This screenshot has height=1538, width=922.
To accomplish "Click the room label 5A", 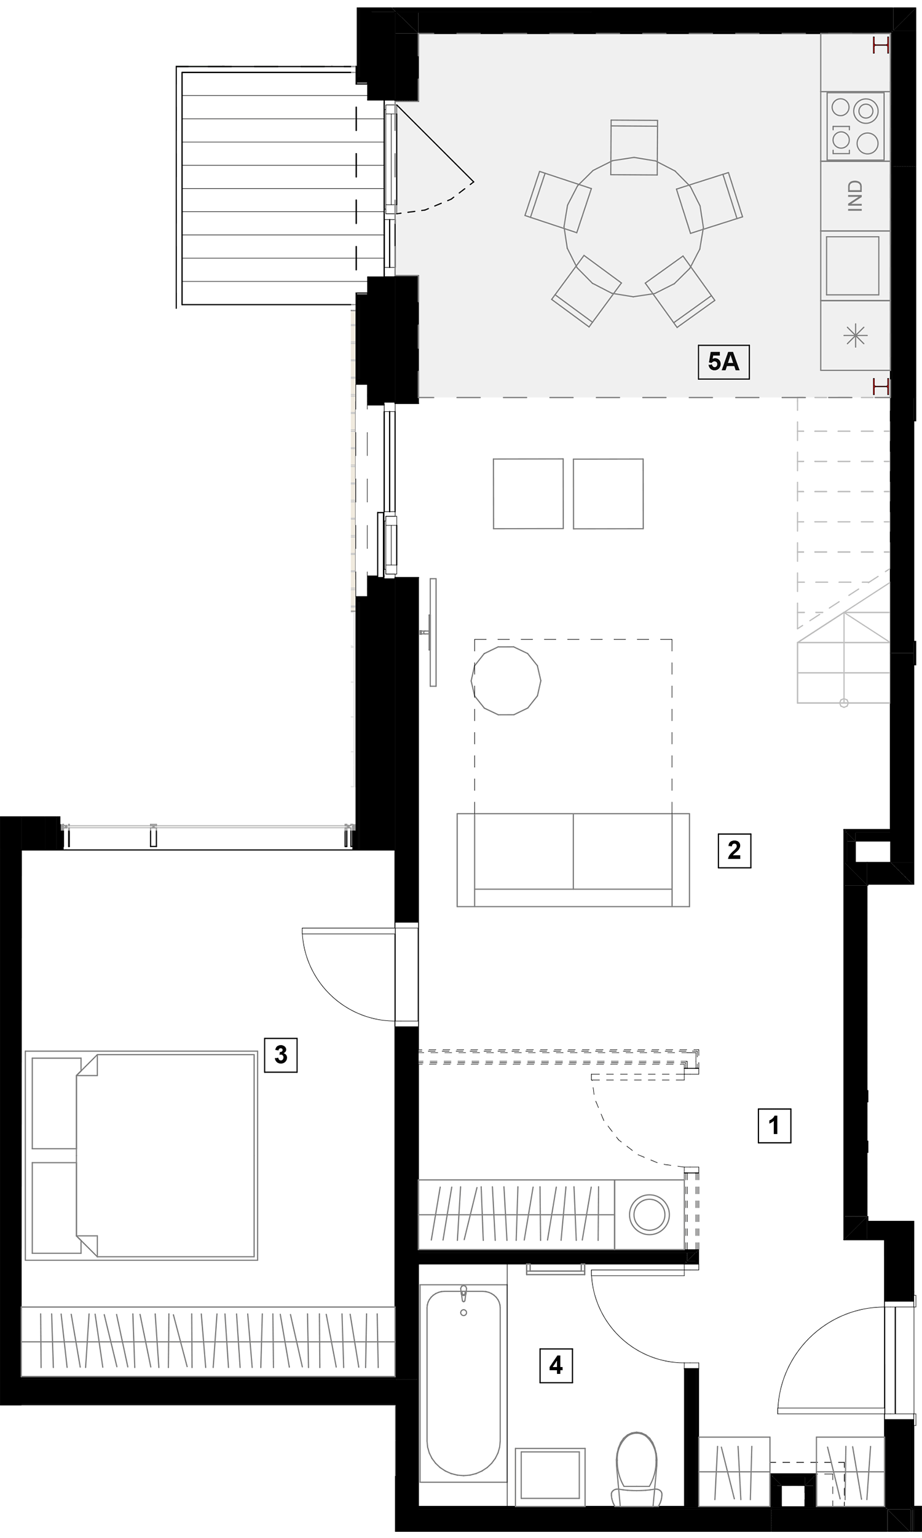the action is pyautogui.click(x=723, y=361).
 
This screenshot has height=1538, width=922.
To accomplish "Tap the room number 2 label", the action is pyautogui.click(x=735, y=850).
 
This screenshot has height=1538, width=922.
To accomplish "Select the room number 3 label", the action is pyautogui.click(x=281, y=1055).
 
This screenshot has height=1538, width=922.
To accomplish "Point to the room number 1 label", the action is pyautogui.click(x=774, y=1126).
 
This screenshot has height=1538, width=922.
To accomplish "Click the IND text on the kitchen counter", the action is pyautogui.click(x=856, y=196).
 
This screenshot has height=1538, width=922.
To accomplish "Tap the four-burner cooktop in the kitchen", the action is pyautogui.click(x=855, y=126).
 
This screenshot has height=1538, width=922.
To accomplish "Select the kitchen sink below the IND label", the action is pyautogui.click(x=853, y=266).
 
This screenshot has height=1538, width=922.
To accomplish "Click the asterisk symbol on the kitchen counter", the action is pyautogui.click(x=856, y=336).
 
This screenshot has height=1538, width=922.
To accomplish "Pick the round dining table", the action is pyautogui.click(x=634, y=227).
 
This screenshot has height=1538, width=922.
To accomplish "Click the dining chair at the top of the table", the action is pyautogui.click(x=634, y=147).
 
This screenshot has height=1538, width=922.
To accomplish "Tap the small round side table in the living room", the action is pyautogui.click(x=506, y=681).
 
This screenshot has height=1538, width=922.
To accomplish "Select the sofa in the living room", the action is pyautogui.click(x=573, y=860).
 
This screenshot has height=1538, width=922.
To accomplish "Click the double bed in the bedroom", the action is pyautogui.click(x=141, y=1156).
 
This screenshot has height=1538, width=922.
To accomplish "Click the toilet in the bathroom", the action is pyautogui.click(x=637, y=1469).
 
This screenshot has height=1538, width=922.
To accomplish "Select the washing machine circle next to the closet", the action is pyautogui.click(x=649, y=1214).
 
